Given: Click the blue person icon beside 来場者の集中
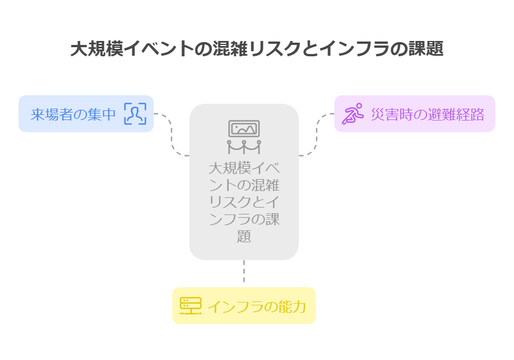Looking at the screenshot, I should click(135, 114).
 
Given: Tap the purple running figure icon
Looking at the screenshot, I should click(352, 114).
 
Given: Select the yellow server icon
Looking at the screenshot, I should click(190, 306).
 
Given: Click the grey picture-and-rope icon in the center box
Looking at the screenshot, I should click(244, 137).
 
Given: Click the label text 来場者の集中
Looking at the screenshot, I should click(73, 114).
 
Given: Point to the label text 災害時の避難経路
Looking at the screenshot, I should click(427, 114).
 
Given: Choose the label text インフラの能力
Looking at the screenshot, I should click(256, 307).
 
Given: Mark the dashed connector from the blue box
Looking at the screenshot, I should click(171, 134).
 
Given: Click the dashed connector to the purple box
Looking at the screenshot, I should click(316, 134).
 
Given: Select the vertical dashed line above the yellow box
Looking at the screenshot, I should click(244, 272).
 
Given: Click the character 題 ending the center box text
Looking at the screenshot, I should click(244, 236).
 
